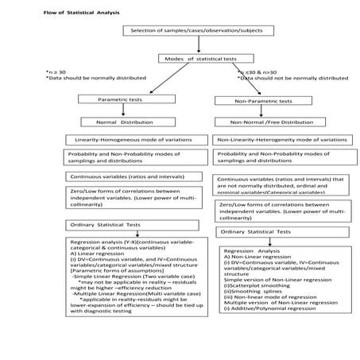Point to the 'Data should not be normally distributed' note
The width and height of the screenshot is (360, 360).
pyautogui.click(x=283, y=79)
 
